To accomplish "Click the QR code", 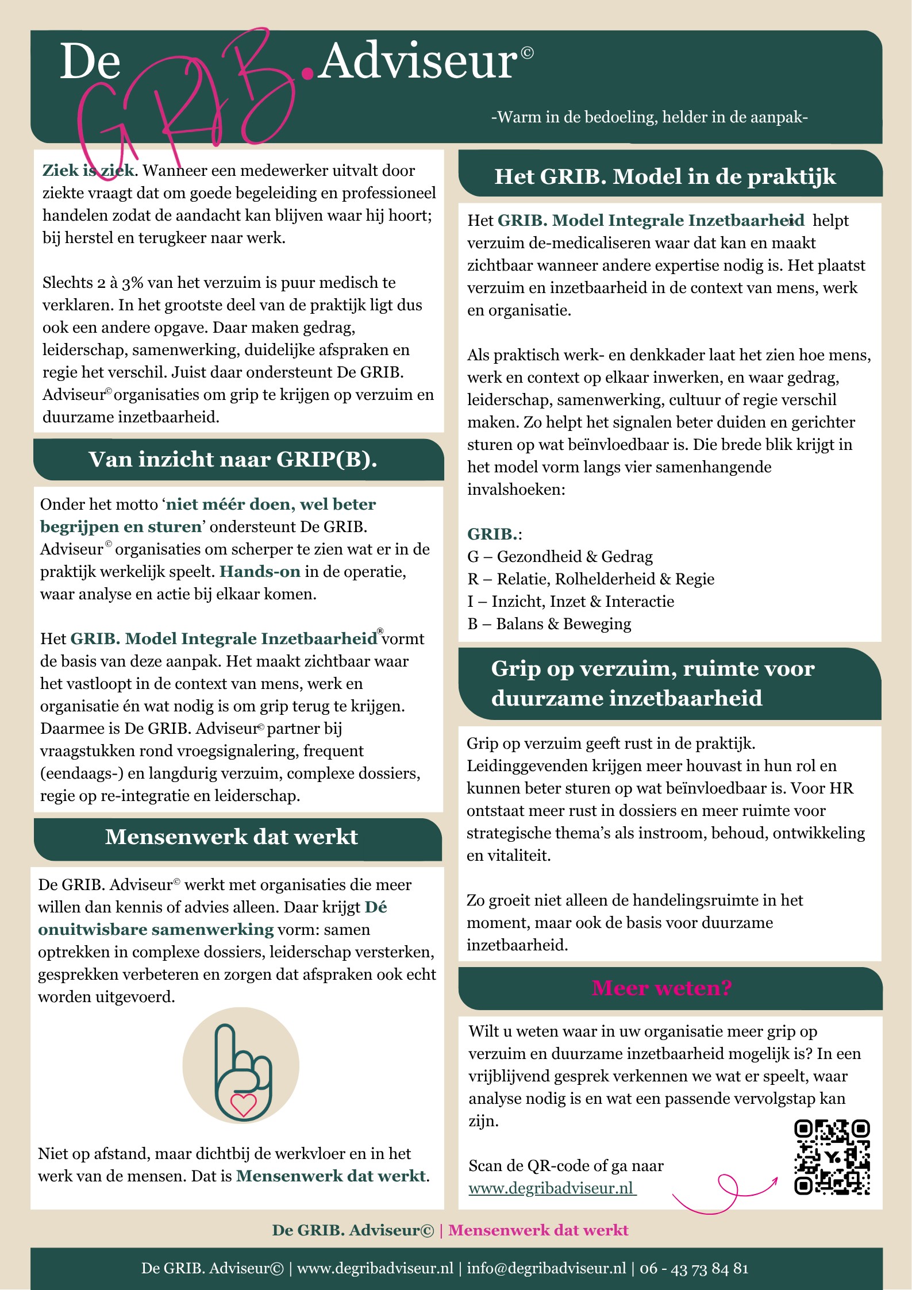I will [832, 1157].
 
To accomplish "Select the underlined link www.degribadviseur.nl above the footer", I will [552, 1188].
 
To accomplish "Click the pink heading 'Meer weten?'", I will [661, 988].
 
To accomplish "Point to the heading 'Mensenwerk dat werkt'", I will [231, 837].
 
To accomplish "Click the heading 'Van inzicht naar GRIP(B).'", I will [233, 459].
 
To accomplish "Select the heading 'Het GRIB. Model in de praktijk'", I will [665, 176].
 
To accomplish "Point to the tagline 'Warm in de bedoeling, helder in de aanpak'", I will [649, 117].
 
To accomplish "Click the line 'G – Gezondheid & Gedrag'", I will [560, 556].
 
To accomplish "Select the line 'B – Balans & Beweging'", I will [549, 623].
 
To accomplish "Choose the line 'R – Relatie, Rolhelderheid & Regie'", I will [591, 579].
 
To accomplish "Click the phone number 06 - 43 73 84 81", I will [694, 1268].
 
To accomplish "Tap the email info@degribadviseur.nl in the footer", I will [546, 1268].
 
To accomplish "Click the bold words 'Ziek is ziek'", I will [88, 170].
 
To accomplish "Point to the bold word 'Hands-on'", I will [260, 571].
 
